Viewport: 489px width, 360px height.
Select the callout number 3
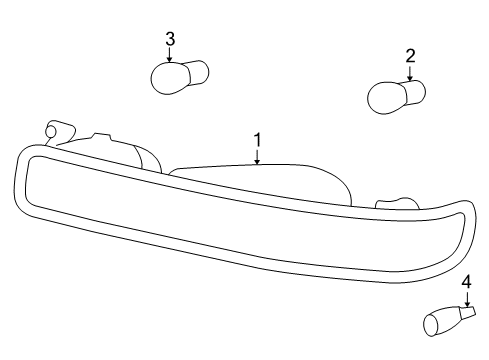coord(170,38)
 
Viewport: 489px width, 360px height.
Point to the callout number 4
coord(466,283)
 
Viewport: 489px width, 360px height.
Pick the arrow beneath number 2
coord(409,74)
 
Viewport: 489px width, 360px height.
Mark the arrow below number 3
coord(170,56)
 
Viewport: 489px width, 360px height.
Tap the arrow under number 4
coord(466,301)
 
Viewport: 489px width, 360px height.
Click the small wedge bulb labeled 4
coord(440,321)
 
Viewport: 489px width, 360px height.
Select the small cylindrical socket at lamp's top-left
coord(60,133)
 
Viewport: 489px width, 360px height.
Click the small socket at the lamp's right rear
coord(396,206)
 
